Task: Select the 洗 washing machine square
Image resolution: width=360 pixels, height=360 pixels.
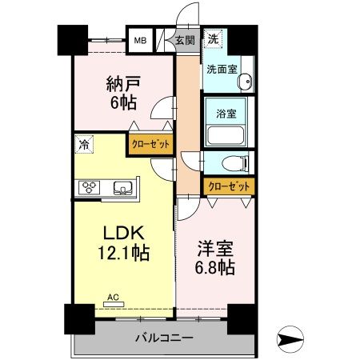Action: coord(214,38)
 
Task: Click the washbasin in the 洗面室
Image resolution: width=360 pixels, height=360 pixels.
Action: coord(246,81)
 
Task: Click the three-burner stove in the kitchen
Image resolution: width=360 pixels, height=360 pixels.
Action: coord(88,188)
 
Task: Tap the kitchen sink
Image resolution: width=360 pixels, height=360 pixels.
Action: coord(125,188)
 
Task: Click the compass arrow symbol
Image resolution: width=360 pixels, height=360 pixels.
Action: coord(293,339)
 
